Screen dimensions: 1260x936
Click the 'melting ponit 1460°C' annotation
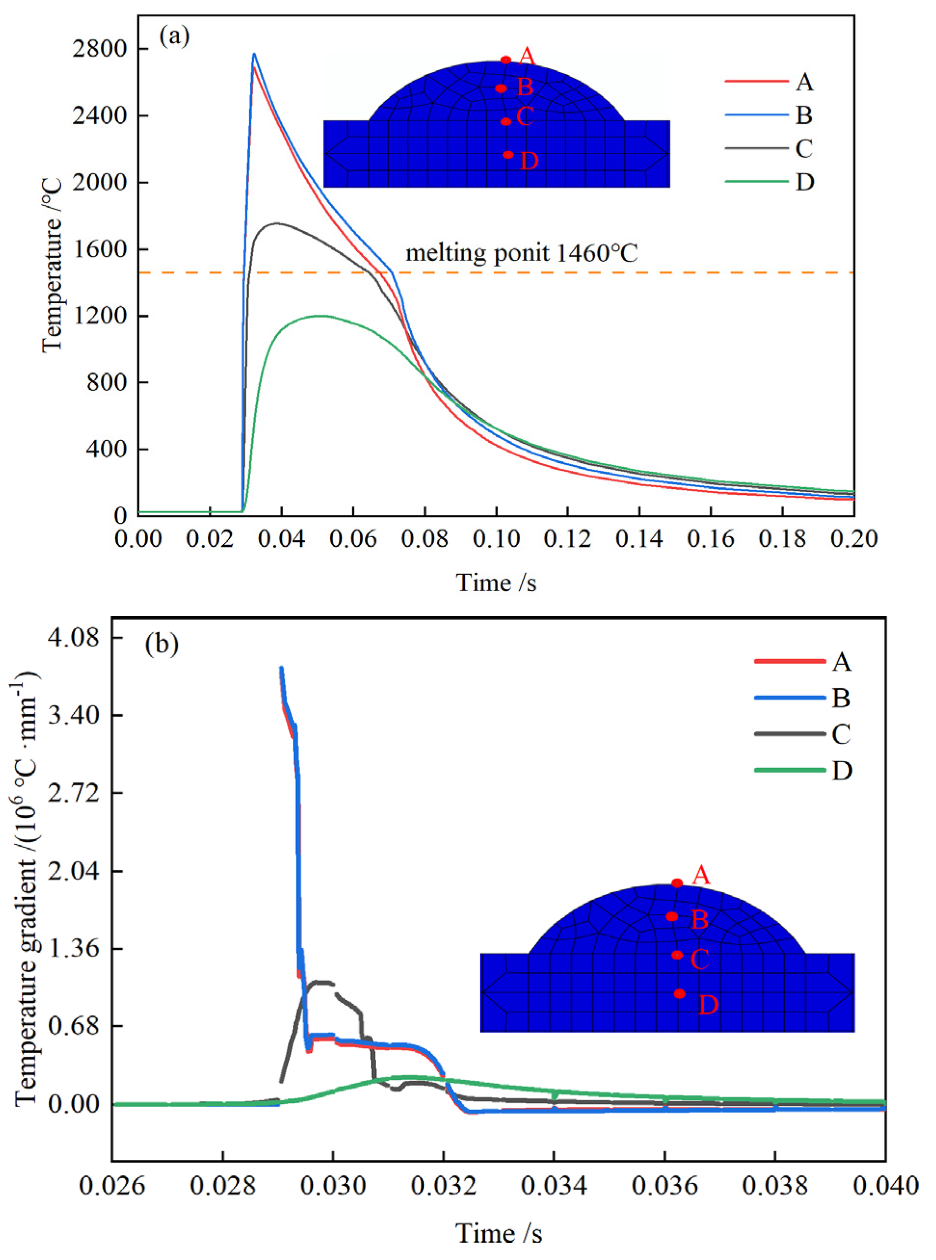point(521,253)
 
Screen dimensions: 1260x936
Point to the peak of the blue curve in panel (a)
point(254,54)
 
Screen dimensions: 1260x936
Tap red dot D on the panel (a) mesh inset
point(508,155)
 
